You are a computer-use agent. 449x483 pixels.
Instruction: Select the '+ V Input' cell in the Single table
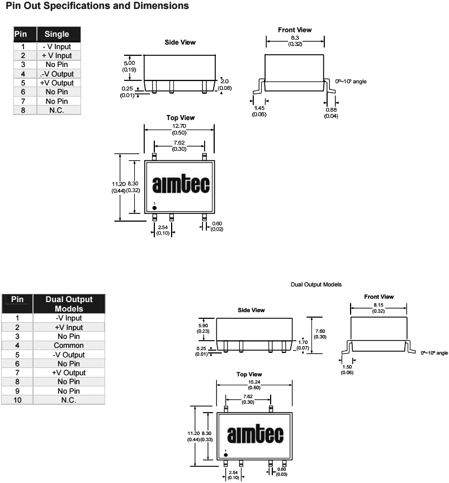point(56,56)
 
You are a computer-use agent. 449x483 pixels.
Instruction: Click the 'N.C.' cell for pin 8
point(56,110)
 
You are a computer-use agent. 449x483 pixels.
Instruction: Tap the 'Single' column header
point(56,35)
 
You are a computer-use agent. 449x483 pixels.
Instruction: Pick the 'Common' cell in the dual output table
point(69,346)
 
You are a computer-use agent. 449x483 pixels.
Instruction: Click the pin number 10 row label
point(17,400)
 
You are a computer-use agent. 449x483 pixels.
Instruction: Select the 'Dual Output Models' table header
point(69,304)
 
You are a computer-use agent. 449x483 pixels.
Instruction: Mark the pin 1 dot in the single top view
point(154,208)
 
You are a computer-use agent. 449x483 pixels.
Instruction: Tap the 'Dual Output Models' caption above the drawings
point(316,285)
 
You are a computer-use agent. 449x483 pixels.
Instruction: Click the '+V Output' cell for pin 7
point(69,373)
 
